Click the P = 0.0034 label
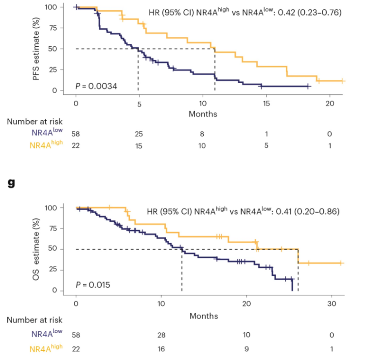96,86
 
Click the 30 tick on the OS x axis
332,305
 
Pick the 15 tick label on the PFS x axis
265,104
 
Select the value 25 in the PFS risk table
139,134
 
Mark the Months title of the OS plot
204,316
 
